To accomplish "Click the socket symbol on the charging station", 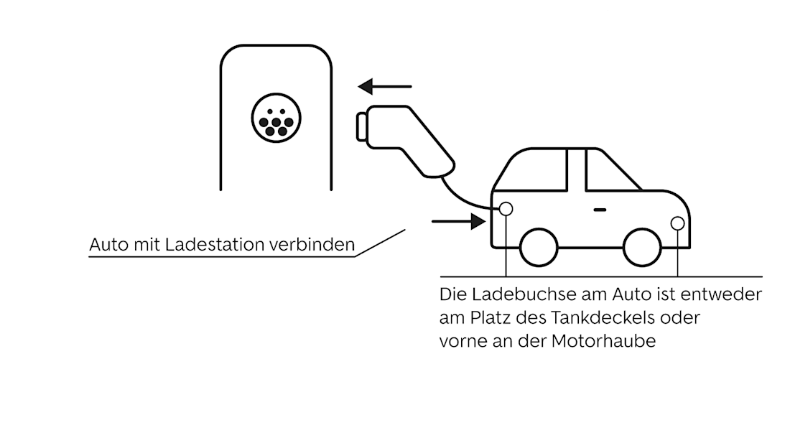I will pyautogui.click(x=276, y=118).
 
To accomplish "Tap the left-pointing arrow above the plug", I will pyautogui.click(x=386, y=87).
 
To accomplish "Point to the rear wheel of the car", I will pyautogui.click(x=539, y=247).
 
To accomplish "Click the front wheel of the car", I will pyautogui.click(x=642, y=247).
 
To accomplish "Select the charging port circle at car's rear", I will pyautogui.click(x=506, y=208).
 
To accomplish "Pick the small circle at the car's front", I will pyautogui.click(x=677, y=223).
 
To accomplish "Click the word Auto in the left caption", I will pyautogui.click(x=105, y=245).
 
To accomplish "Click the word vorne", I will pyautogui.click(x=460, y=341).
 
